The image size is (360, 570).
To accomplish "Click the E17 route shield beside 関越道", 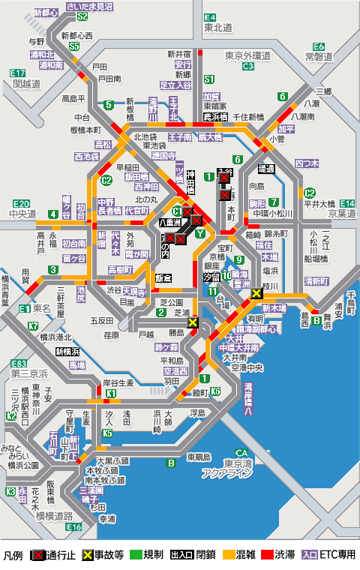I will [19, 72].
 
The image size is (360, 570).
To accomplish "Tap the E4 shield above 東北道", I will [210, 16].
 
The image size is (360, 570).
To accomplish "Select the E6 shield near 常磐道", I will [319, 46].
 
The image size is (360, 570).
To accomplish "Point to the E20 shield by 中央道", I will [22, 204].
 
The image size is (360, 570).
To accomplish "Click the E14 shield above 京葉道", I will [346, 204].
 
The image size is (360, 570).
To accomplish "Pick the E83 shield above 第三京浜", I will [19, 363].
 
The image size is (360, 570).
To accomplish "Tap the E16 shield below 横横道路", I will [73, 527].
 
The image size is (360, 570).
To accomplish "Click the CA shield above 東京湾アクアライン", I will [241, 452].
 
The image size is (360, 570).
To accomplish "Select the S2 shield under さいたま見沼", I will [82, 16].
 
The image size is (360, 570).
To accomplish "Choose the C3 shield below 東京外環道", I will [247, 66].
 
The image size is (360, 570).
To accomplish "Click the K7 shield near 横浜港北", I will [33, 326].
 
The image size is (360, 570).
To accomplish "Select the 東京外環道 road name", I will [247, 55].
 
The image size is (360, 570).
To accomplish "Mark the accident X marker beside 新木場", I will [256, 294].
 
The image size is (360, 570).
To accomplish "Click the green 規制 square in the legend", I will [136, 556].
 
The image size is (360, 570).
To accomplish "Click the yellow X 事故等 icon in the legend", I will [88, 556].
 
